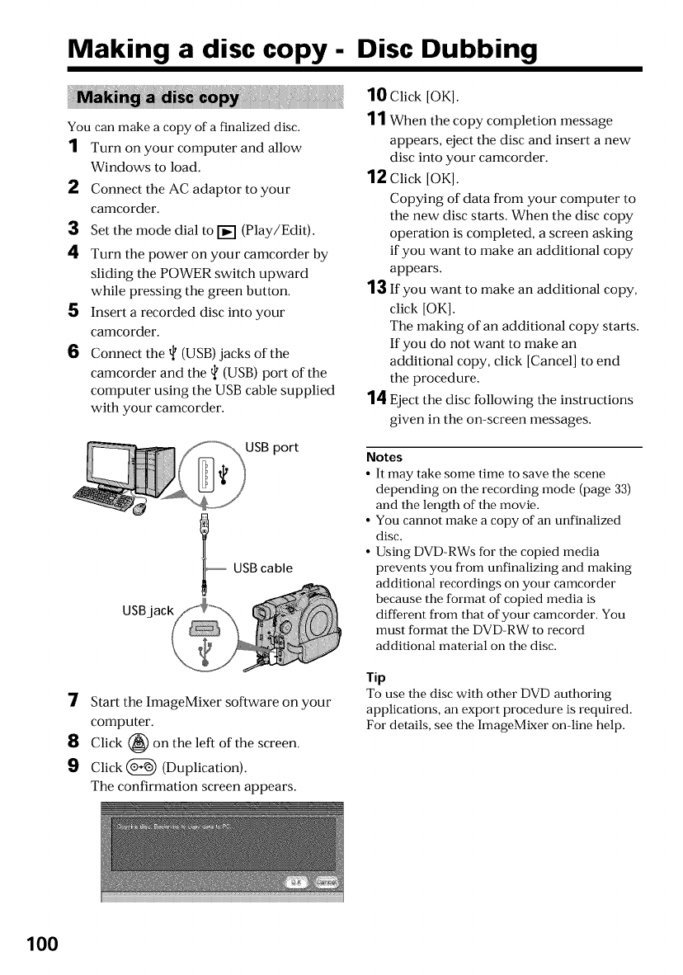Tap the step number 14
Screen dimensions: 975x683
pos(376,399)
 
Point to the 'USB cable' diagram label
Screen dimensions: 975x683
pos(264,568)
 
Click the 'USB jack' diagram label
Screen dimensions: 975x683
pos(149,610)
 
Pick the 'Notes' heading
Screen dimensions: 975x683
pos(384,457)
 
